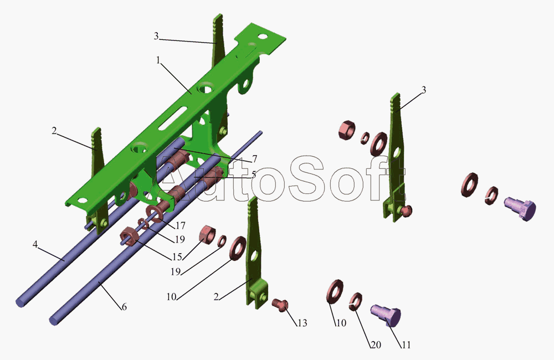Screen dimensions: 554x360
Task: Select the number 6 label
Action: pos(124,306)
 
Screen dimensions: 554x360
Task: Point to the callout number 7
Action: pos(254,159)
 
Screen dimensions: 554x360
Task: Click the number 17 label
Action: pos(181,225)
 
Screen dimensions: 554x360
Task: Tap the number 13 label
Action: pos(301,323)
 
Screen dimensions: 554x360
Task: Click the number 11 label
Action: pos(406,344)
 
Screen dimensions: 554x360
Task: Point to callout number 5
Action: pos(253,174)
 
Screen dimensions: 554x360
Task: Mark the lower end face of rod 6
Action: pos(56,320)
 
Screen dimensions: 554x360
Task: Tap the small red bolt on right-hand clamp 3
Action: pos(407,210)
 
